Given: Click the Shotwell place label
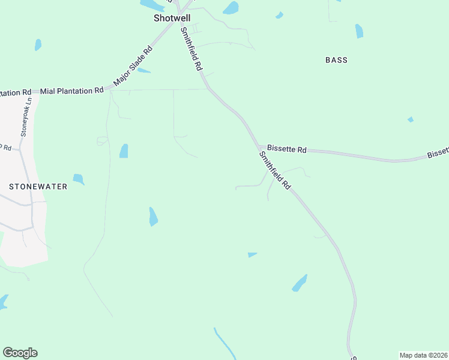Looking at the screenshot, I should click(172, 19).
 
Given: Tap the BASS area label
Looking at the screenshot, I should click(336, 60).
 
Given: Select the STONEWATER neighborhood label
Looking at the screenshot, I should click(38, 187).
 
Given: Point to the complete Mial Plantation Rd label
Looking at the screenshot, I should click(72, 91).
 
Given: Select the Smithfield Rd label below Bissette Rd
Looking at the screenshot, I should click(275, 170).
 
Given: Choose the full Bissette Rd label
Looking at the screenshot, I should click(287, 148).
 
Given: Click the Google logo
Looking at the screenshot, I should click(20, 353).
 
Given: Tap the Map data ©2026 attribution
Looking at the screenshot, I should click(423, 355).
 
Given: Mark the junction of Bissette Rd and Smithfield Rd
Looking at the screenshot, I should click(259, 147).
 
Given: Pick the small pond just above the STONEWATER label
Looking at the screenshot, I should click(79, 179).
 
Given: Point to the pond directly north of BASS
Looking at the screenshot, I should click(359, 31).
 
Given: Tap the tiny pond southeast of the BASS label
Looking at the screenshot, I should click(411, 119).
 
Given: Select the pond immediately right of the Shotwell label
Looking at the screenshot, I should click(231, 8).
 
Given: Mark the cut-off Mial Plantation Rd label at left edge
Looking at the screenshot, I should click(15, 92).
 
